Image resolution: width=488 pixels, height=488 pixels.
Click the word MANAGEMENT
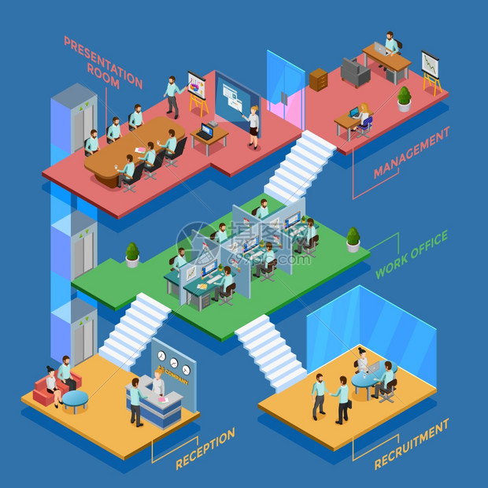[412, 153]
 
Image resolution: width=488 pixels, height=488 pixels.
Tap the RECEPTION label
[205, 448]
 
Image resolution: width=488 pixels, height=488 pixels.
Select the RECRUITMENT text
[412, 444]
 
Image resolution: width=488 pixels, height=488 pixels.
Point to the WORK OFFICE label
[412, 254]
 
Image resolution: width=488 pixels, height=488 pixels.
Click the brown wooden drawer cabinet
[318, 79]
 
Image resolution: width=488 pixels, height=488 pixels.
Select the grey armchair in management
[355, 72]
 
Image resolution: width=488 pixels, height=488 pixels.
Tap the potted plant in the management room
[404, 99]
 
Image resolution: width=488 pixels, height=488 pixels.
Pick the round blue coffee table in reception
[75, 400]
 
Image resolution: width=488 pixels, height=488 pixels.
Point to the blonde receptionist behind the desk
[158, 383]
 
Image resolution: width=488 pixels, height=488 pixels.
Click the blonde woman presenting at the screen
[253, 128]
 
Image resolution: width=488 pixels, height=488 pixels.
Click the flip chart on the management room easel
[431, 65]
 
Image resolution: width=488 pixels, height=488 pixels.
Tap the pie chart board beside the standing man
[197, 85]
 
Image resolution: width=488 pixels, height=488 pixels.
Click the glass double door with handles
[286, 90]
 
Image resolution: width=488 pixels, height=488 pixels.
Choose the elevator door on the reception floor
[83, 340]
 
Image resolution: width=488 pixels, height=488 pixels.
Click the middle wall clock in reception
[174, 363]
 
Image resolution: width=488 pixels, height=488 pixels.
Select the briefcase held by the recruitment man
[349, 404]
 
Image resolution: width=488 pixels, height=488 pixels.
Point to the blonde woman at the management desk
[363, 115]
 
